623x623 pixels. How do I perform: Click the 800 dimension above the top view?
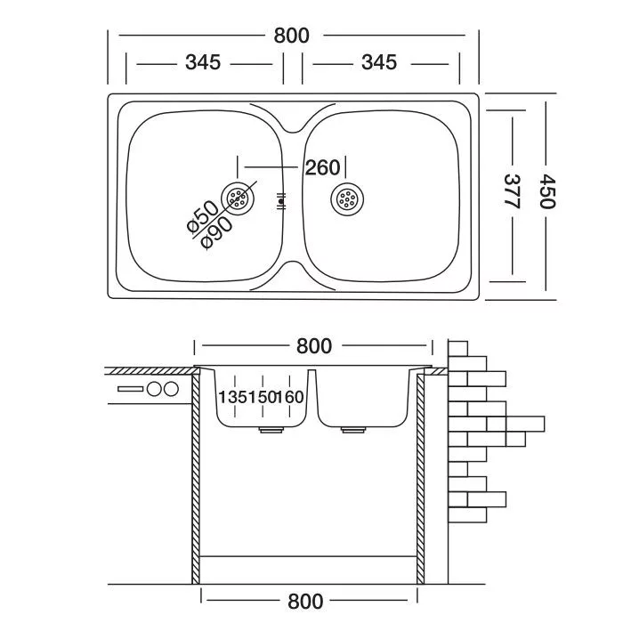pyautogui.click(x=292, y=36)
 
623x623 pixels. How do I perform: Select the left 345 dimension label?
pyautogui.click(x=203, y=63)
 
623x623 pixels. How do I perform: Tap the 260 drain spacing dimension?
pyautogui.click(x=322, y=167)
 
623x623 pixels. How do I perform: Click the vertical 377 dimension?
pyautogui.click(x=511, y=190)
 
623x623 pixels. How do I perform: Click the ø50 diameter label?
pyautogui.click(x=203, y=217)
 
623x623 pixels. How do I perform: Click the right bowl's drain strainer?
pyautogui.click(x=347, y=199)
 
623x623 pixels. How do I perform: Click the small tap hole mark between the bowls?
pyautogui.click(x=283, y=201)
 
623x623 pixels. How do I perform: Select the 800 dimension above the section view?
pyautogui.click(x=313, y=345)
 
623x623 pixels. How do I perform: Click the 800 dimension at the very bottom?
pyautogui.click(x=305, y=603)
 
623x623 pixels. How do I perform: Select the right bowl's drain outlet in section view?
pyautogui.click(x=353, y=430)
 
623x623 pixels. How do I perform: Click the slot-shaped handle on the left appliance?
pyautogui.click(x=130, y=389)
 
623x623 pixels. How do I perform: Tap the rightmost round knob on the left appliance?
pyautogui.click(x=170, y=389)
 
